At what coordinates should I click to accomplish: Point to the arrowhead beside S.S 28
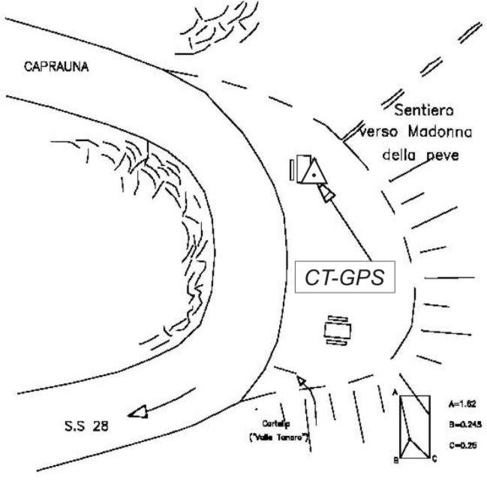pyautogui.click(x=138, y=411)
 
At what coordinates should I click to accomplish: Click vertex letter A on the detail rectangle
pyautogui.click(x=395, y=392)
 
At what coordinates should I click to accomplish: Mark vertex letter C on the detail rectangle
pyautogui.click(x=434, y=458)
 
